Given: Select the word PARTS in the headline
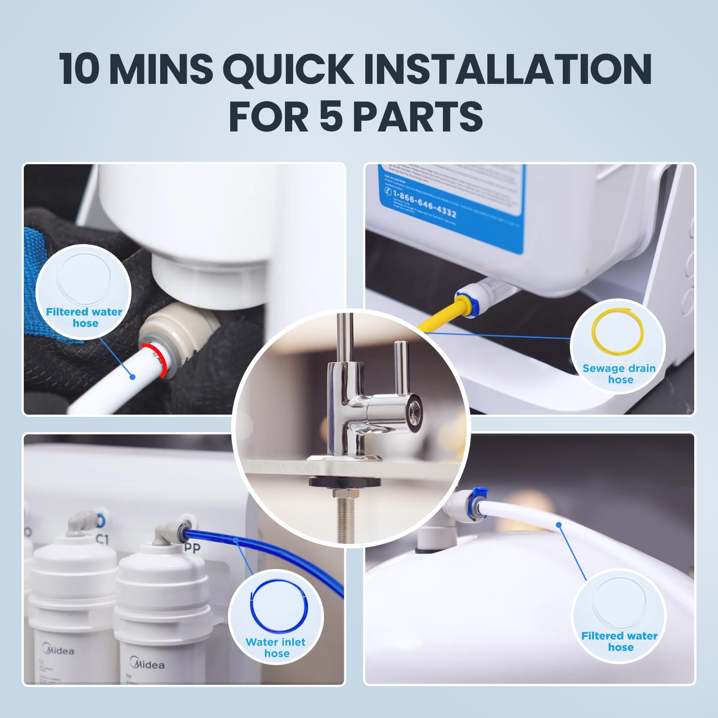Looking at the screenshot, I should click(x=417, y=116).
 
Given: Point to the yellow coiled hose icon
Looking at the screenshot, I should click(x=618, y=330).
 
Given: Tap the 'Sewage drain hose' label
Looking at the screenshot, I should click(x=619, y=374).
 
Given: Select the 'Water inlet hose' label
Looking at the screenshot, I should click(x=276, y=648).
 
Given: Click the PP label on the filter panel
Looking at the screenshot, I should click(x=192, y=547).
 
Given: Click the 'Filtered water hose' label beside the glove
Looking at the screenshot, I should click(x=84, y=317).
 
